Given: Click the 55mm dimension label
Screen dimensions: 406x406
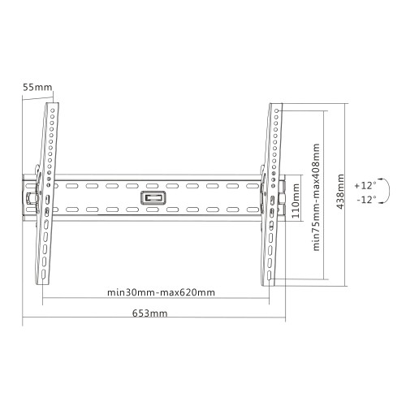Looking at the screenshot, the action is coord(37,87).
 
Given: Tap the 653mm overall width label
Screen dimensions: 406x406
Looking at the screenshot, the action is coord(149,313).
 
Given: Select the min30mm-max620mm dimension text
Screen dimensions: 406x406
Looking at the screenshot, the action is coord(162,292).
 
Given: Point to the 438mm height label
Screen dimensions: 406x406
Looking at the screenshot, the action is coord(340,192).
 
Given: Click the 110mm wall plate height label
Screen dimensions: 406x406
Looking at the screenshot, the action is coord(296,201).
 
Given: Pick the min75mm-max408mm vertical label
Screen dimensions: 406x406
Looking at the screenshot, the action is coord(316,197).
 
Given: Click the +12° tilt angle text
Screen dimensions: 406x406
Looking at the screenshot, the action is coord(365,186).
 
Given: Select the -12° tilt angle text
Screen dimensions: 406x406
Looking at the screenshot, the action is coord(366,200).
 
